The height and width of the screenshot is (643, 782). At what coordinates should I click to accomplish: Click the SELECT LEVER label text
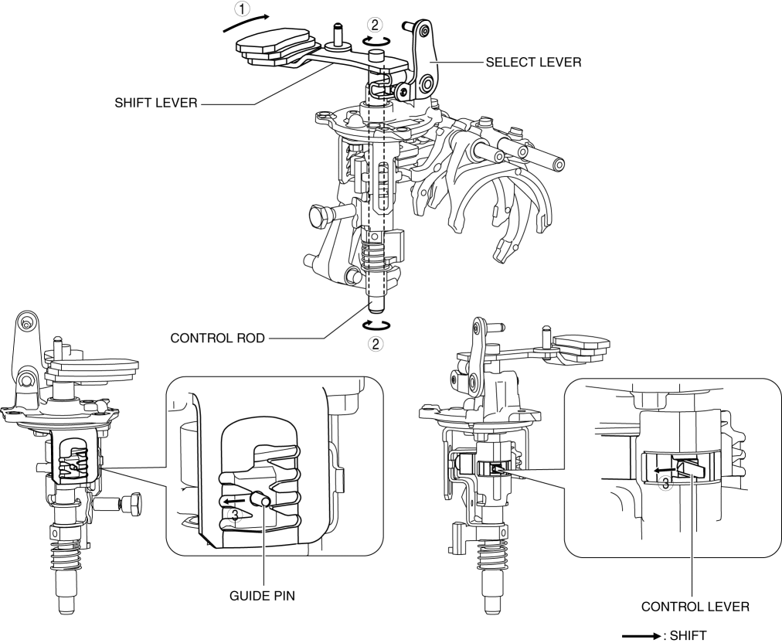(x=533, y=63)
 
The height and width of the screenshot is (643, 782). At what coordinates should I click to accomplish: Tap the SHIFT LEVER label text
(x=156, y=104)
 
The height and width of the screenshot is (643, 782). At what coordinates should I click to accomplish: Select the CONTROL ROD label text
(x=217, y=339)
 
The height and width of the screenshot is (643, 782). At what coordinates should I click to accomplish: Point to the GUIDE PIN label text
(x=262, y=596)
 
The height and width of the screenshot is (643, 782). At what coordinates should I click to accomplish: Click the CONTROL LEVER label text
(x=695, y=607)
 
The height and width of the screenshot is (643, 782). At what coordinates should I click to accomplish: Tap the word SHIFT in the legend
(x=688, y=635)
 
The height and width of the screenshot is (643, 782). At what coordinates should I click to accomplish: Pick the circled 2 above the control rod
(x=375, y=25)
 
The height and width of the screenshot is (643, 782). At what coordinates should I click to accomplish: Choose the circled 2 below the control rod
(x=376, y=343)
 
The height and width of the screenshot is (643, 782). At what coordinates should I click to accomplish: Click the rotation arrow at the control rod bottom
(x=376, y=325)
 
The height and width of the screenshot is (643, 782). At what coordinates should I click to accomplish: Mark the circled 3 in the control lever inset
(x=665, y=484)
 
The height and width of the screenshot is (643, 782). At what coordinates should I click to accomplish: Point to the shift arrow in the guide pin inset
(x=234, y=500)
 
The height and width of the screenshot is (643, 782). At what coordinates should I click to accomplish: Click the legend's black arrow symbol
(x=642, y=636)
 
